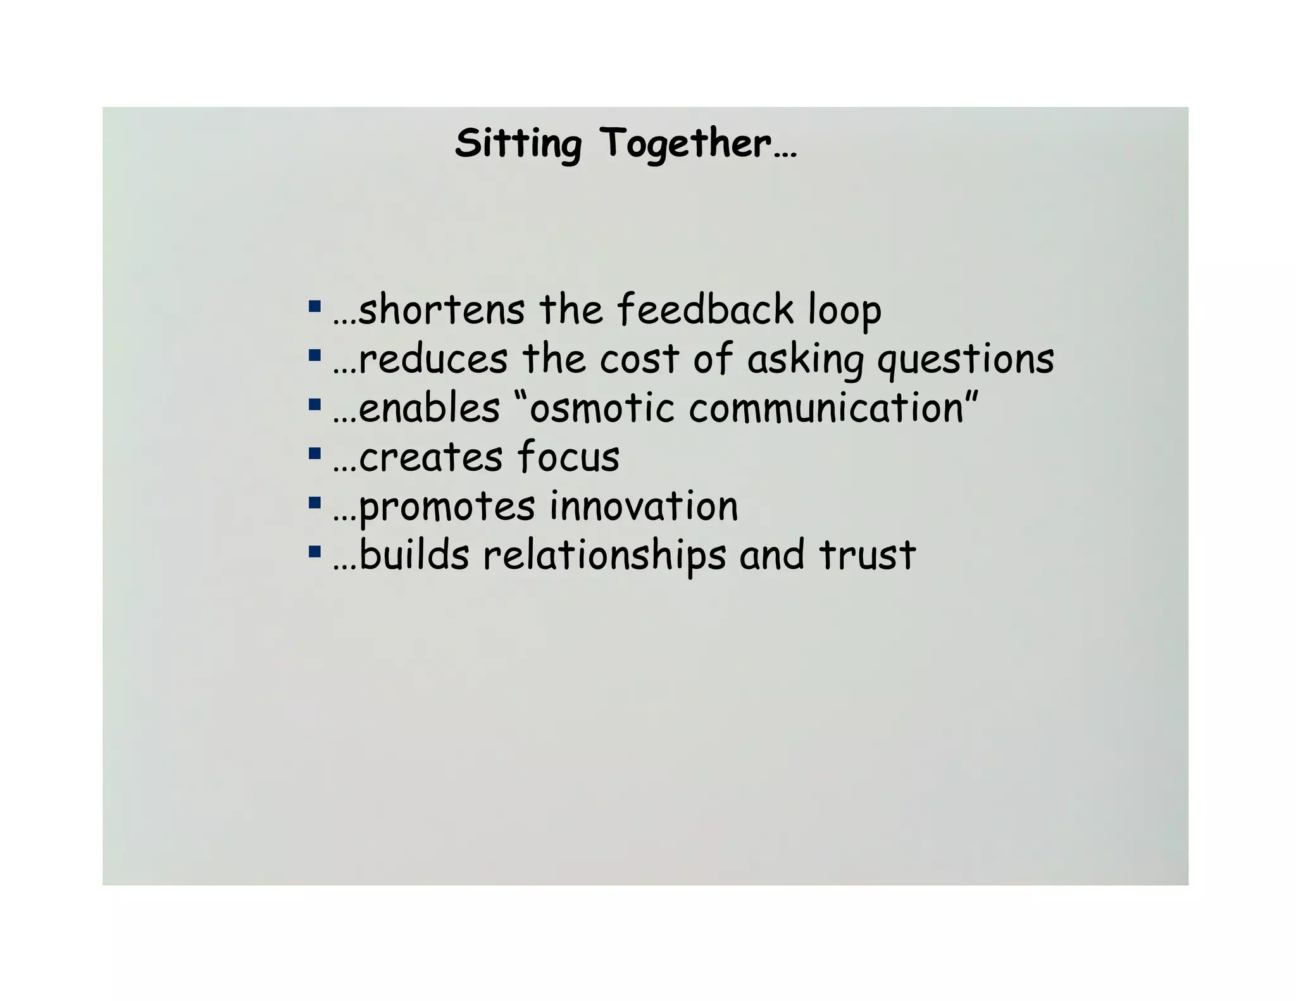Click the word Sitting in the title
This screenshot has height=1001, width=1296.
(518, 144)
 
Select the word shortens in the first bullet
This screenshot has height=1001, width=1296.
(441, 310)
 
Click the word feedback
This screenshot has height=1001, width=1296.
(705, 310)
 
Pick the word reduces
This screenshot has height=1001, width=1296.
(433, 359)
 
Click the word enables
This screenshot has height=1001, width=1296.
(429, 408)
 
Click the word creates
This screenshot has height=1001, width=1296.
(430, 457)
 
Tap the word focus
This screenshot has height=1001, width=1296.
(568, 457)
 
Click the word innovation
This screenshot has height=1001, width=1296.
(644, 506)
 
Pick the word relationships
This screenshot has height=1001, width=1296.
(604, 556)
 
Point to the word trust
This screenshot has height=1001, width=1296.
(867, 556)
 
